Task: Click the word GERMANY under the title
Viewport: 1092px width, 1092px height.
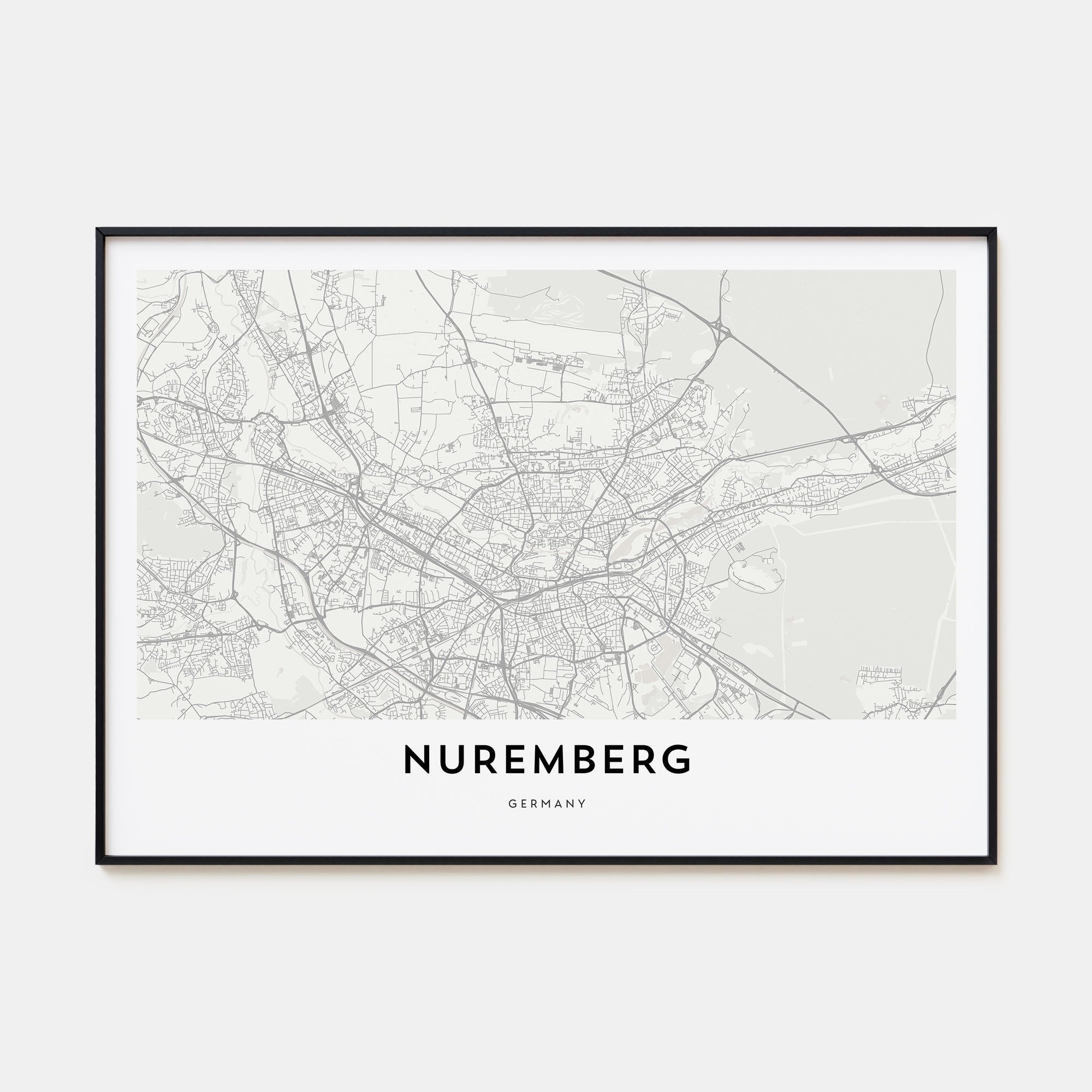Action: (547, 803)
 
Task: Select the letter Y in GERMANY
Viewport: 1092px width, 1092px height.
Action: (582, 803)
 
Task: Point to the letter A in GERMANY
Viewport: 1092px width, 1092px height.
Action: (557, 803)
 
